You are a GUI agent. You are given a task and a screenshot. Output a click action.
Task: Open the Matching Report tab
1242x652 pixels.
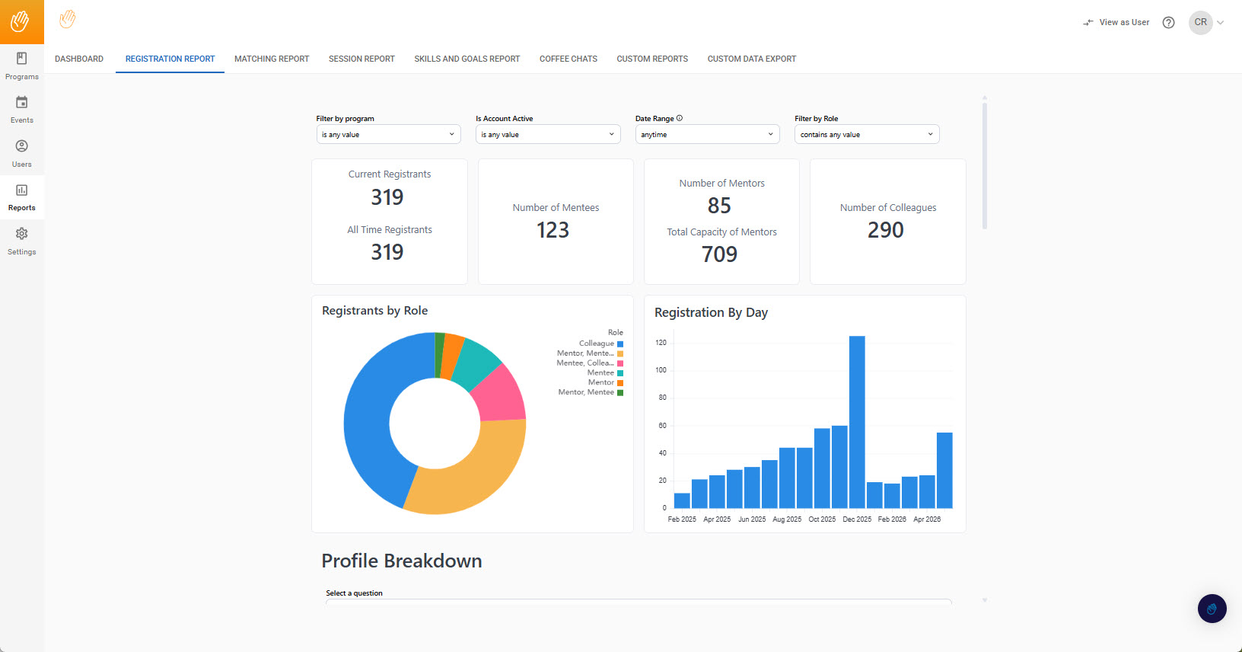click(x=272, y=59)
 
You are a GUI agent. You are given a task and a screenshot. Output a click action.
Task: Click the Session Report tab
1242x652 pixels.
click(x=361, y=59)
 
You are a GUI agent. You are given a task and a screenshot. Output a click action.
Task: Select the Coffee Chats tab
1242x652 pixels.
click(x=568, y=59)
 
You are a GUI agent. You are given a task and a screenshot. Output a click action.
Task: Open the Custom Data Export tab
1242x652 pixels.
click(x=751, y=59)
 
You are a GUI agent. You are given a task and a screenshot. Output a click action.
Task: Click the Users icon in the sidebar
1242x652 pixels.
click(x=21, y=146)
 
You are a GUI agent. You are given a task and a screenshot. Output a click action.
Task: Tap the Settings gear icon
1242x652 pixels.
click(x=21, y=234)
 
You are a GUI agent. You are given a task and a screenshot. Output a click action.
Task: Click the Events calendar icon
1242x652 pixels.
click(x=21, y=102)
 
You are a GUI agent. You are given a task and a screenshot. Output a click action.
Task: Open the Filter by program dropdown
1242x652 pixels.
click(x=388, y=134)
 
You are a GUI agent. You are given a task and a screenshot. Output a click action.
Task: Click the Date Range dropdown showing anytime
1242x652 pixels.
click(x=707, y=134)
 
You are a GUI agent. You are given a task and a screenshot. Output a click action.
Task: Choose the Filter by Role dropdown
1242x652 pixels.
click(x=867, y=134)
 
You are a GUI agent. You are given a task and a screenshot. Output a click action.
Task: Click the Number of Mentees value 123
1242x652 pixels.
click(x=553, y=230)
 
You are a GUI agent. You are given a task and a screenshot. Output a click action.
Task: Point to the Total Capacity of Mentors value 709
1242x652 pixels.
click(x=719, y=254)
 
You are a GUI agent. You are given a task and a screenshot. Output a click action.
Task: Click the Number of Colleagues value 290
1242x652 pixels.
click(x=886, y=230)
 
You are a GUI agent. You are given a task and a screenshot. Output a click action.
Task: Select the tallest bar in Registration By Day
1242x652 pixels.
click(x=857, y=422)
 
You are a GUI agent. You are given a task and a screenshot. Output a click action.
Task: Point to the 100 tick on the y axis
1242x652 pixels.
click(x=661, y=370)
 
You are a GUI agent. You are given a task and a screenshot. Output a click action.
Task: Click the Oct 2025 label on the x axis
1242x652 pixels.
click(x=822, y=519)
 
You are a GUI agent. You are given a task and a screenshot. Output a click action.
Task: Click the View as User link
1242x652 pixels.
click(x=1116, y=22)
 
